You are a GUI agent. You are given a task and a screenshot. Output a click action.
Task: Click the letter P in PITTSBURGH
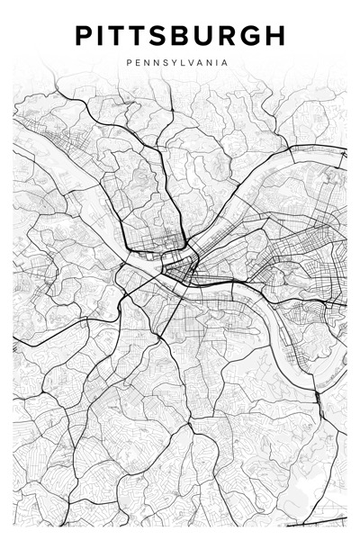[x=84, y=36]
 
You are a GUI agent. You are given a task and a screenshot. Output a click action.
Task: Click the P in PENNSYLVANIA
[x=130, y=64]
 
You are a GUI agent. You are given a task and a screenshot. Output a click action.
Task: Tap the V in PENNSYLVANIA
[x=190, y=64]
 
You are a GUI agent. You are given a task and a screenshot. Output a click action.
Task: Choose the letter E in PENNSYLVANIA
[x=139, y=64]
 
